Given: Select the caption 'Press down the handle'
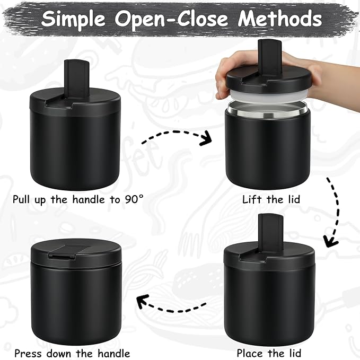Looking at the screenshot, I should click(72, 353).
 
